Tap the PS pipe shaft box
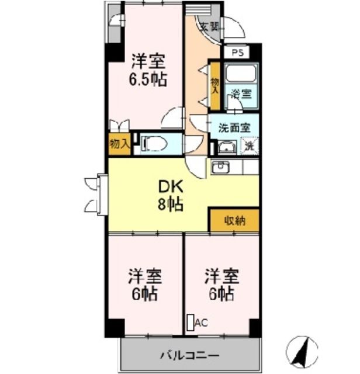click(236, 52)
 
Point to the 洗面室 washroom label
click(234, 126)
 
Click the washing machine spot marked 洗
click(250, 146)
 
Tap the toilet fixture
click(152, 143)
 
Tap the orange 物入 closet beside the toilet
click(120, 143)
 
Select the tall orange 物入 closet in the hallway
click(214, 86)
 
